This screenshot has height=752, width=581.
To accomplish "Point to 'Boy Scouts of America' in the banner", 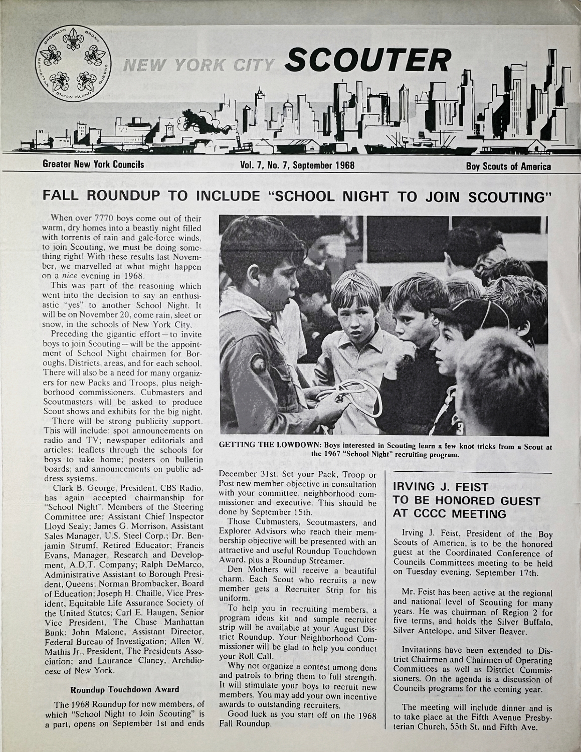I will point(508,166).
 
